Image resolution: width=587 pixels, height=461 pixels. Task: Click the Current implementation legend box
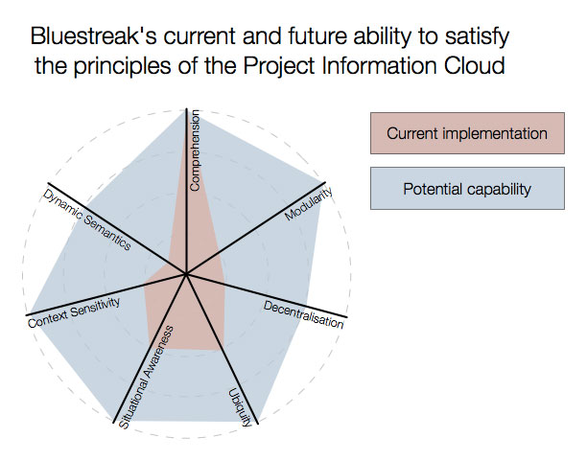[x=467, y=133]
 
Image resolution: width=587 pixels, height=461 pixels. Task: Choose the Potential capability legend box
[x=467, y=188]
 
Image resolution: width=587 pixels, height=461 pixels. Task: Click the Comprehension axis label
[x=195, y=150]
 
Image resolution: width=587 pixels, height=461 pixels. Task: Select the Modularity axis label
[x=309, y=203]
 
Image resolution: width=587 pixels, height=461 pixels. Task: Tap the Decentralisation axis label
[x=303, y=314]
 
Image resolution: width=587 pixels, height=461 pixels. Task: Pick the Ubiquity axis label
[x=240, y=408]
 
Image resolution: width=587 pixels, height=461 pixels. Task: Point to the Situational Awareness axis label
[x=146, y=378]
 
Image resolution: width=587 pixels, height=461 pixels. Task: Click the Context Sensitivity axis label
[x=74, y=312]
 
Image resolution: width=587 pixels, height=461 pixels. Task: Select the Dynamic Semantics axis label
[x=87, y=219]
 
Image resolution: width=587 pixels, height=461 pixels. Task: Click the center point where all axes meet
[x=186, y=274]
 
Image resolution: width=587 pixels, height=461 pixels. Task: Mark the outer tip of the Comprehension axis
[x=186, y=108]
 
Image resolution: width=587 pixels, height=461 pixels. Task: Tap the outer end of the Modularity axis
[x=325, y=182]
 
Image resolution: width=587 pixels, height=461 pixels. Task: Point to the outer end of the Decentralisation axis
[x=347, y=317]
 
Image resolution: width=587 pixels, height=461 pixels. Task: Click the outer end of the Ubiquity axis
[x=258, y=424]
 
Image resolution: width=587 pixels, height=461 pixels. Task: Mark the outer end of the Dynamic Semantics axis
[x=48, y=183]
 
